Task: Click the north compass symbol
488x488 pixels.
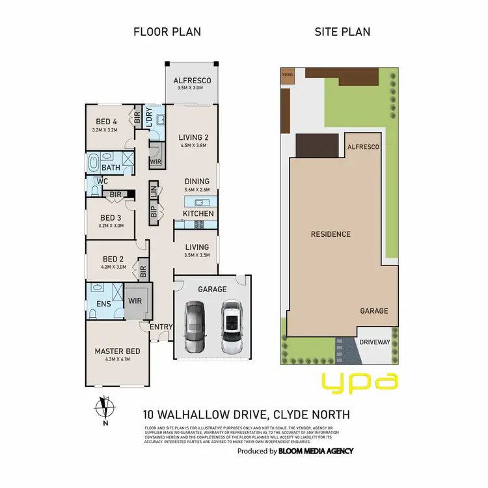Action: pyautogui.click(x=103, y=410)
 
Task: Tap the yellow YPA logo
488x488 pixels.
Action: pyautogui.click(x=360, y=382)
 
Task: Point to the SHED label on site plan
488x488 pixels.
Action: pyautogui.click(x=288, y=74)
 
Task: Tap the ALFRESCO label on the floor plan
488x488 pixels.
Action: pyautogui.click(x=192, y=81)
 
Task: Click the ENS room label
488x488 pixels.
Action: pyautogui.click(x=103, y=303)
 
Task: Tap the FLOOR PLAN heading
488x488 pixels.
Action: pyautogui.click(x=167, y=32)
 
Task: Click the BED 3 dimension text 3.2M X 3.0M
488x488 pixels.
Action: pyautogui.click(x=111, y=226)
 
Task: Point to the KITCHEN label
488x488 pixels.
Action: pyautogui.click(x=198, y=213)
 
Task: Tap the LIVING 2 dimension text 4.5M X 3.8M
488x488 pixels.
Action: pyautogui.click(x=197, y=146)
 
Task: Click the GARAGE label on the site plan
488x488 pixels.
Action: pyautogui.click(x=374, y=311)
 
